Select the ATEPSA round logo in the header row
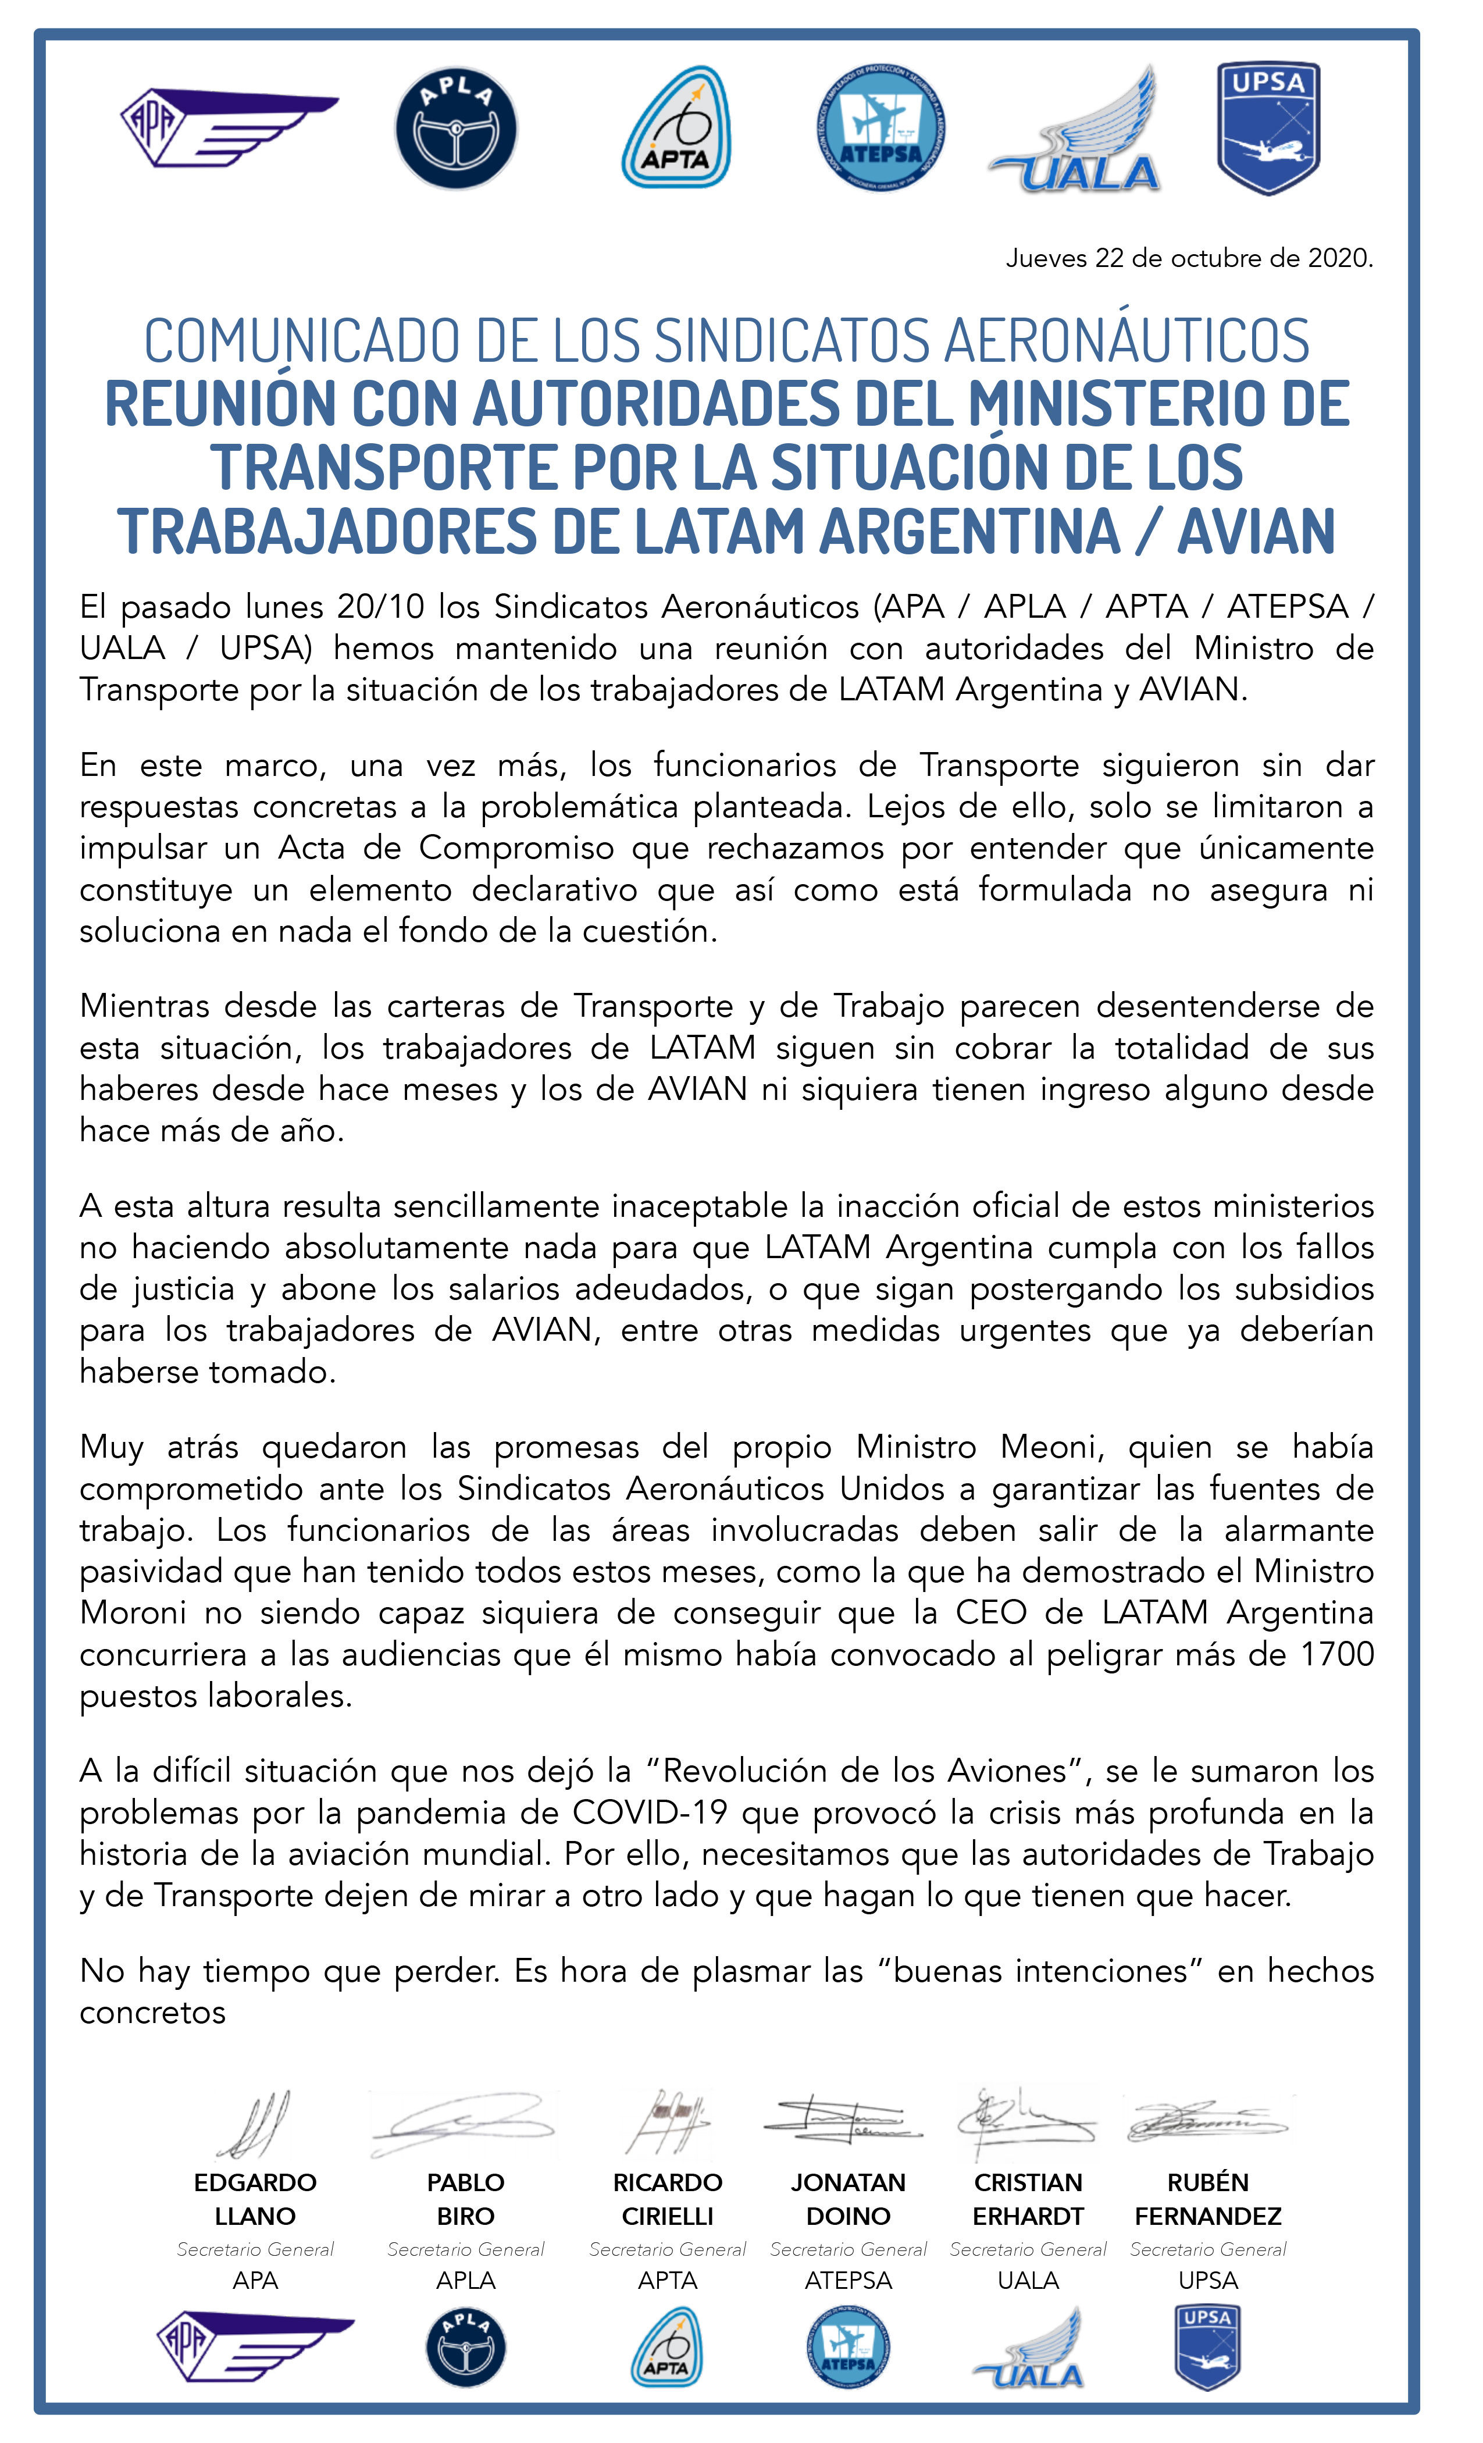880,128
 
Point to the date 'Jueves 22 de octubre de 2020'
1189,259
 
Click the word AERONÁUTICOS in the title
1126,340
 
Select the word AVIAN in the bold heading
1256,532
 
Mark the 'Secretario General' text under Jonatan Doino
849,2250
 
